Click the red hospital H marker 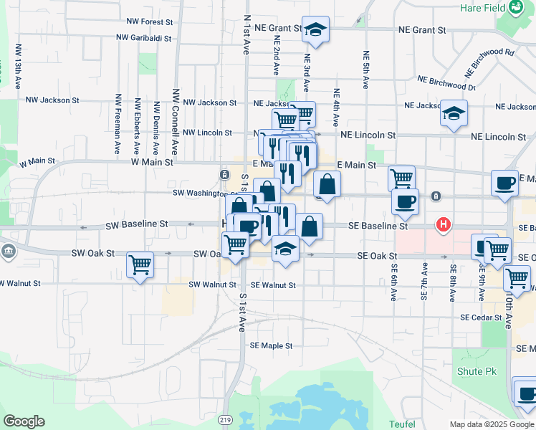[444, 225]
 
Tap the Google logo [24, 421]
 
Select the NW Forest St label [150, 22]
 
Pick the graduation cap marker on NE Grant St [315, 29]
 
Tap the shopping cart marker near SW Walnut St [140, 264]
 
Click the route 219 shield [226, 419]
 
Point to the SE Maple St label [271, 345]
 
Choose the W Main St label [152, 163]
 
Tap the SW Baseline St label [136, 224]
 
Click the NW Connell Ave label [176, 122]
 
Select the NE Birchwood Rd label [489, 62]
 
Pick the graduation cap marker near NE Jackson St [453, 113]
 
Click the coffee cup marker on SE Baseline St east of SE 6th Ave [405, 201]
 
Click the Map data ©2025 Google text [491, 424]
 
